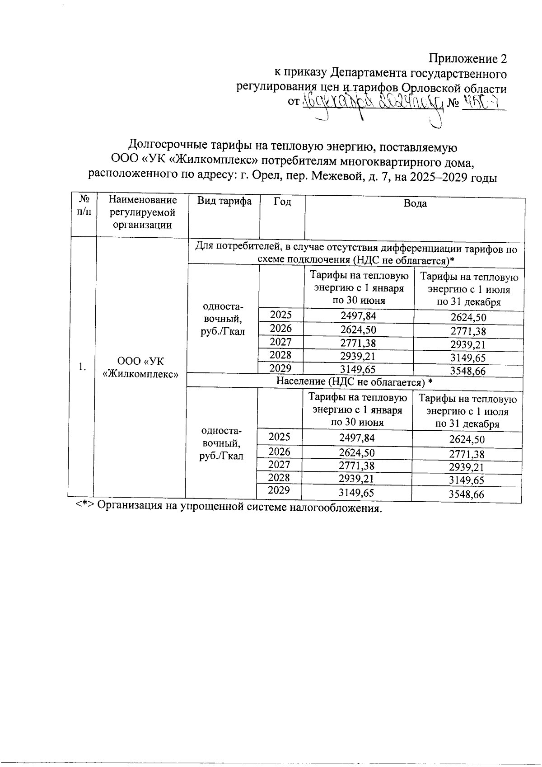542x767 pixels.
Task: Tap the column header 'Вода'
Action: pyautogui.click(x=415, y=203)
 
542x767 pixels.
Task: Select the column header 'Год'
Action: pyautogui.click(x=282, y=202)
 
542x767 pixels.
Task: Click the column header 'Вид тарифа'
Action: pyautogui.click(x=224, y=201)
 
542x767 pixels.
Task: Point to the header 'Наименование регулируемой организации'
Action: pyautogui.click(x=142, y=212)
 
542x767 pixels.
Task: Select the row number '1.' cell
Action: pyautogui.click(x=82, y=367)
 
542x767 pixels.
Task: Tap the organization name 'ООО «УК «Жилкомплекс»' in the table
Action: pyautogui.click(x=140, y=367)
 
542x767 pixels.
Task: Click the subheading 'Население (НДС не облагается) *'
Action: pyautogui.click(x=355, y=382)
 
